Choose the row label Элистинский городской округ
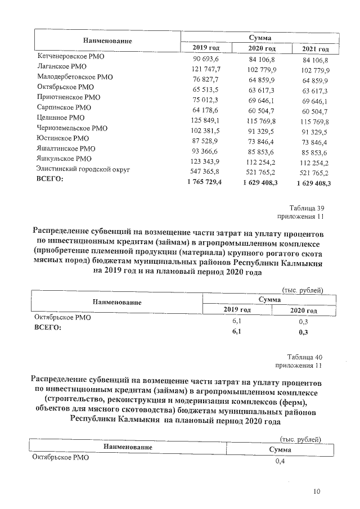coord(83,169)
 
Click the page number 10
coord(317,492)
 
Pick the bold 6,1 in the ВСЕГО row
coord(237,332)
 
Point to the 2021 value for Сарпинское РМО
coord(315,108)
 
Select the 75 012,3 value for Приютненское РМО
coord(209,98)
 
